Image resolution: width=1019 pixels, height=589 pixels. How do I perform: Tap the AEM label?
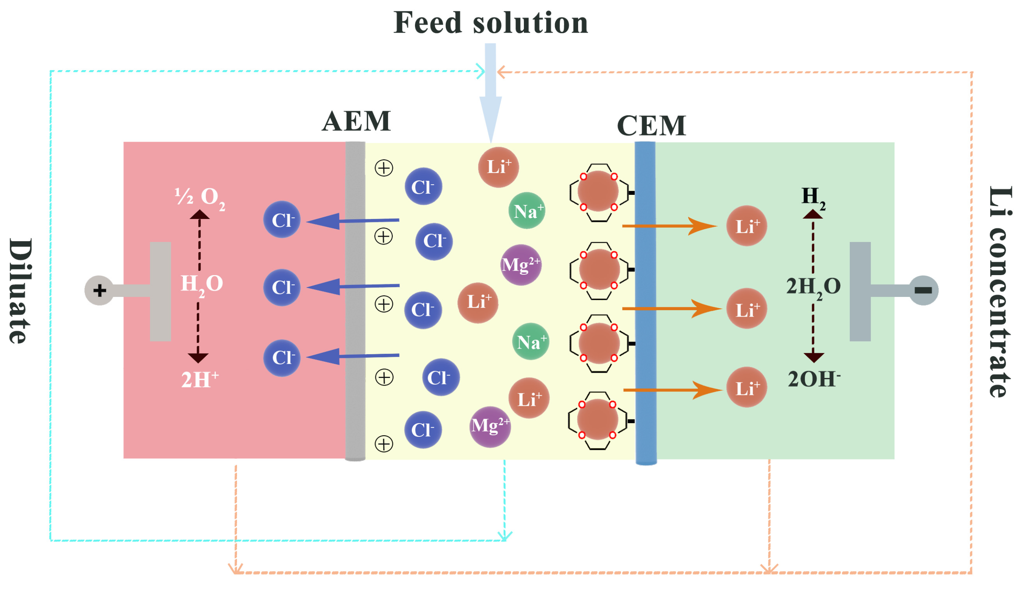pos(356,121)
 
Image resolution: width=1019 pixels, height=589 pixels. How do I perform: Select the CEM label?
pos(651,126)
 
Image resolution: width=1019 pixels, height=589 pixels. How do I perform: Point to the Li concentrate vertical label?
pos(999,291)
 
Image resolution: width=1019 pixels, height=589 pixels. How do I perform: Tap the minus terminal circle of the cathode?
pos(923,290)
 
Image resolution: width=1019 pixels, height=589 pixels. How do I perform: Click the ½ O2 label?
pos(200,198)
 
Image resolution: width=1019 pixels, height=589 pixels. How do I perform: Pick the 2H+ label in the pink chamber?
pos(200,379)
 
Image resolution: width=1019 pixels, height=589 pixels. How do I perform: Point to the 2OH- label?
pos(814,379)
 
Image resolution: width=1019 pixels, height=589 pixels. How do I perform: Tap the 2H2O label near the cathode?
pos(813,287)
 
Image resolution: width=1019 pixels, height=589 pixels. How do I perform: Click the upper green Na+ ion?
pos(526,211)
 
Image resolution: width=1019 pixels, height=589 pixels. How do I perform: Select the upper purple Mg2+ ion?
pos(520,265)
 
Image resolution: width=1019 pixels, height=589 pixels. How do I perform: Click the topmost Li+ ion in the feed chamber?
pos(498,167)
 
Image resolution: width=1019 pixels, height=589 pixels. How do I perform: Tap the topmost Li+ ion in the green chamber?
pos(747,226)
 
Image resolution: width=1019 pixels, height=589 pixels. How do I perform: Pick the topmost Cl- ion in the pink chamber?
pos(282,220)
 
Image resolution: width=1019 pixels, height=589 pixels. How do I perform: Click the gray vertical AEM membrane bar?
pos(355,301)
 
